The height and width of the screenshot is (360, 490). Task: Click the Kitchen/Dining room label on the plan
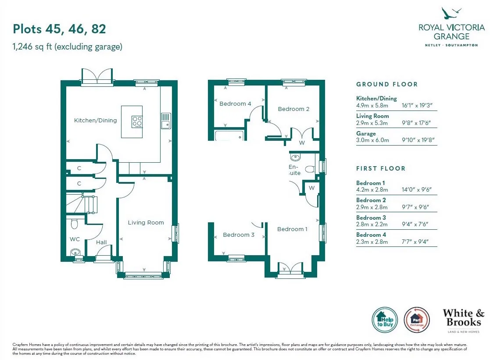pos(95,120)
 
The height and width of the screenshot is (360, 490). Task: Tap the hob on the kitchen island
pos(137,121)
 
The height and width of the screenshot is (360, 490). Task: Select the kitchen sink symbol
pos(166,121)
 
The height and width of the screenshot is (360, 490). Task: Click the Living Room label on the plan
pos(146,222)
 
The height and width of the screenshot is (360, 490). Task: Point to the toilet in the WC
pos(75,224)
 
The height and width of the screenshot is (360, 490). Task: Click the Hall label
pos(101,242)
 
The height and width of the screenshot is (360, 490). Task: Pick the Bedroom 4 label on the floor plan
pos(235,104)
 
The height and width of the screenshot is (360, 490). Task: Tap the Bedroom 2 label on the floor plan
pos(293,109)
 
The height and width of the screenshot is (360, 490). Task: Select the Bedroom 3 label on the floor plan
pos(239,235)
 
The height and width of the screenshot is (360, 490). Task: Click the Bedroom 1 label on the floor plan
pos(292,229)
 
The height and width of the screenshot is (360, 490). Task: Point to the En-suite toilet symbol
pos(310,169)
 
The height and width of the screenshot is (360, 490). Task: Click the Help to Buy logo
pos(385,320)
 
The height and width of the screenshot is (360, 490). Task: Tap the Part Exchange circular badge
pos(417,320)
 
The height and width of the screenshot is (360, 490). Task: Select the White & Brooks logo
pos(463,321)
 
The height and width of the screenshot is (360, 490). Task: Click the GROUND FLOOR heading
pos(387,84)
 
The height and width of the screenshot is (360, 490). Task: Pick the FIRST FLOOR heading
pos(381,168)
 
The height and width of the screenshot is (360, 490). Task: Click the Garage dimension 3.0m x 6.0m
pos(372,140)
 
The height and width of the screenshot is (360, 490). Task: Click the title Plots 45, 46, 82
pos(59,29)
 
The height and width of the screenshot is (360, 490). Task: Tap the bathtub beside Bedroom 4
pos(229,135)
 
